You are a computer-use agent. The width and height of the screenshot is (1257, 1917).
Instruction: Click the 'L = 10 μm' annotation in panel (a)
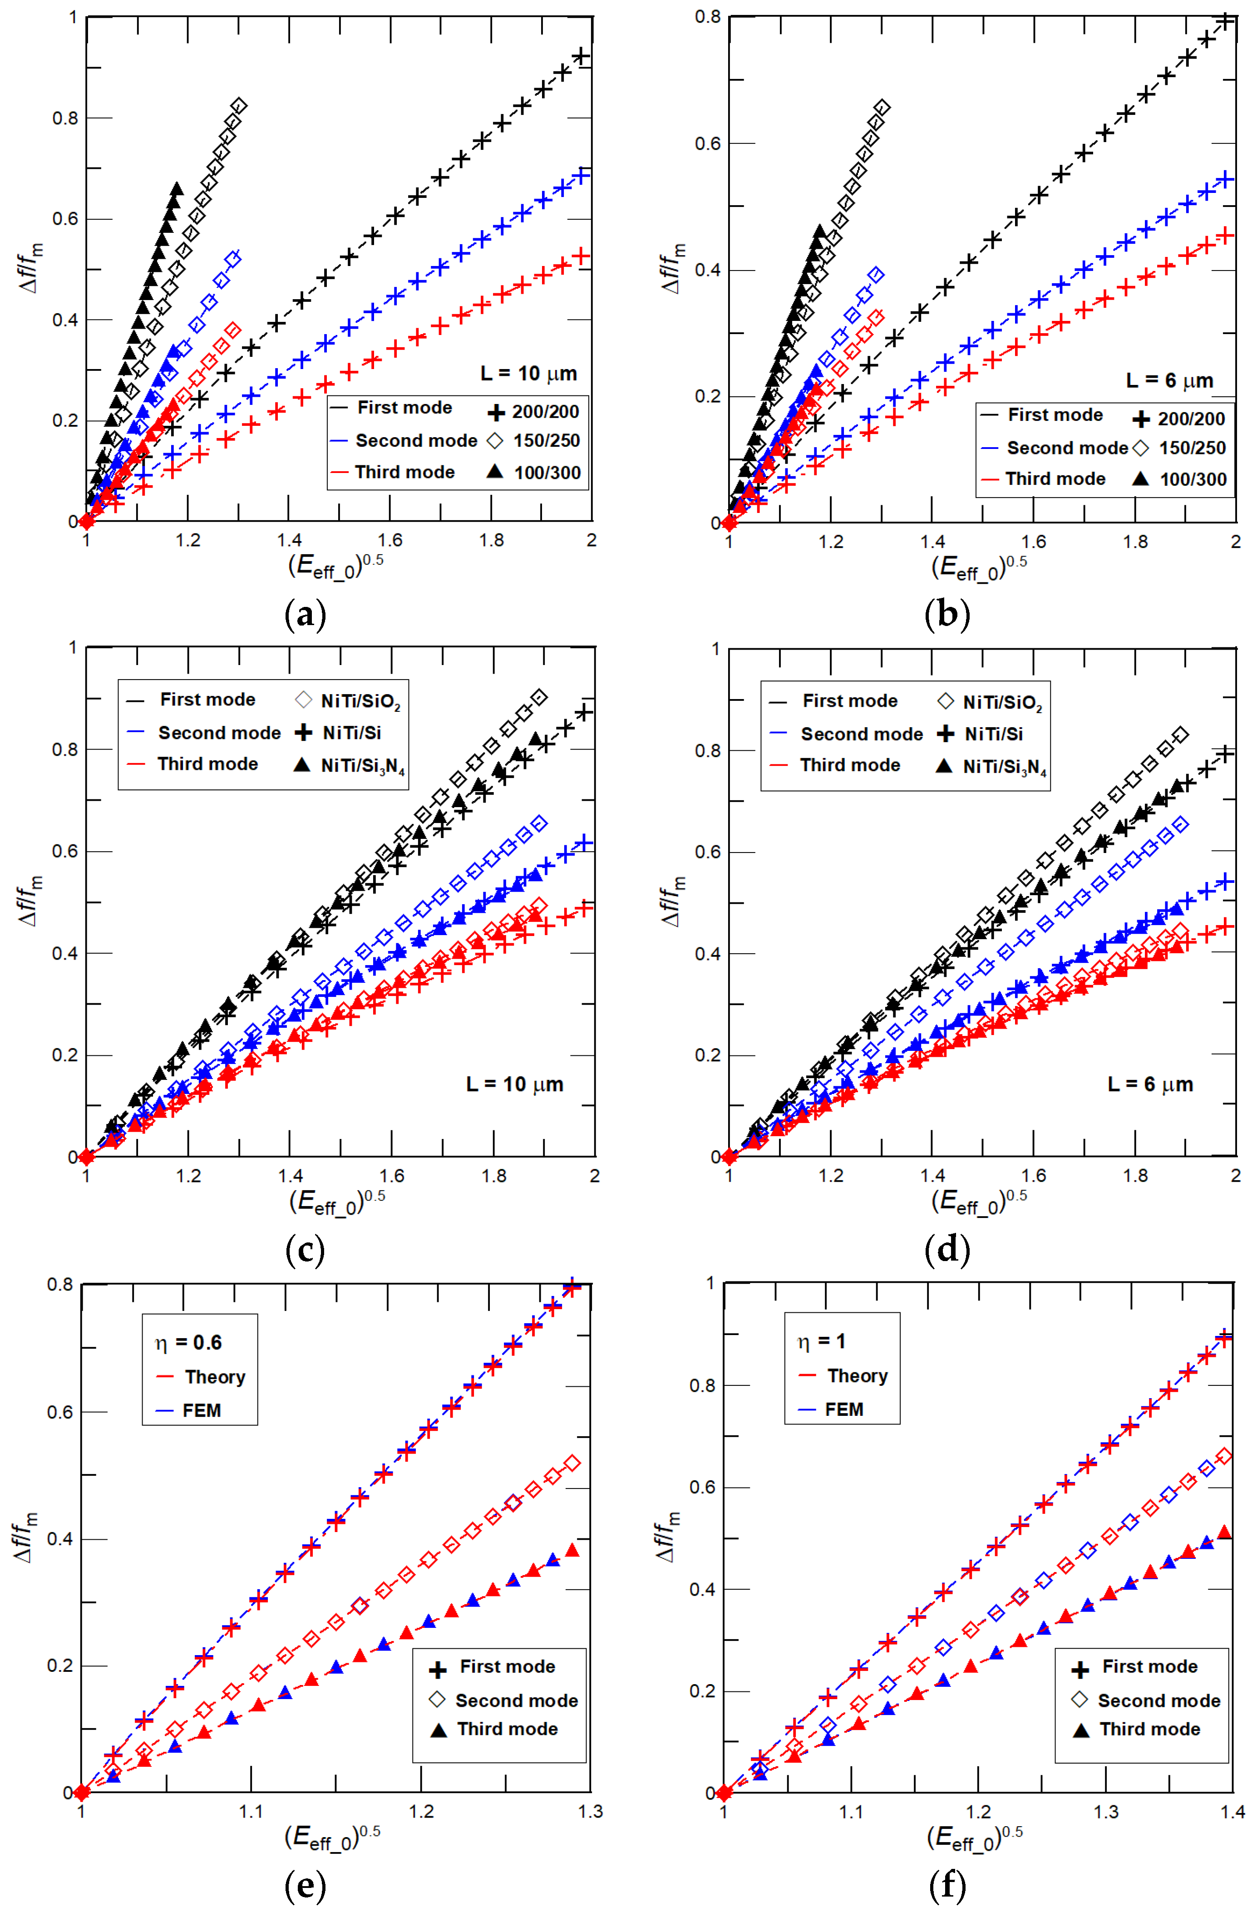coord(528,374)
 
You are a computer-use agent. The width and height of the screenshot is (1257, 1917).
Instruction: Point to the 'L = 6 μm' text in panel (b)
coord(1169,381)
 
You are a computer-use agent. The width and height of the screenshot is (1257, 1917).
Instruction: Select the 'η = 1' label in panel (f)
coord(821,1341)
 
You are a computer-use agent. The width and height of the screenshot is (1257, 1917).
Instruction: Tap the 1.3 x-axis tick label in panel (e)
coord(590,1812)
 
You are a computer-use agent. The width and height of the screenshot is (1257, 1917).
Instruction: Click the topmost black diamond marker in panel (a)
coord(238,106)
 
